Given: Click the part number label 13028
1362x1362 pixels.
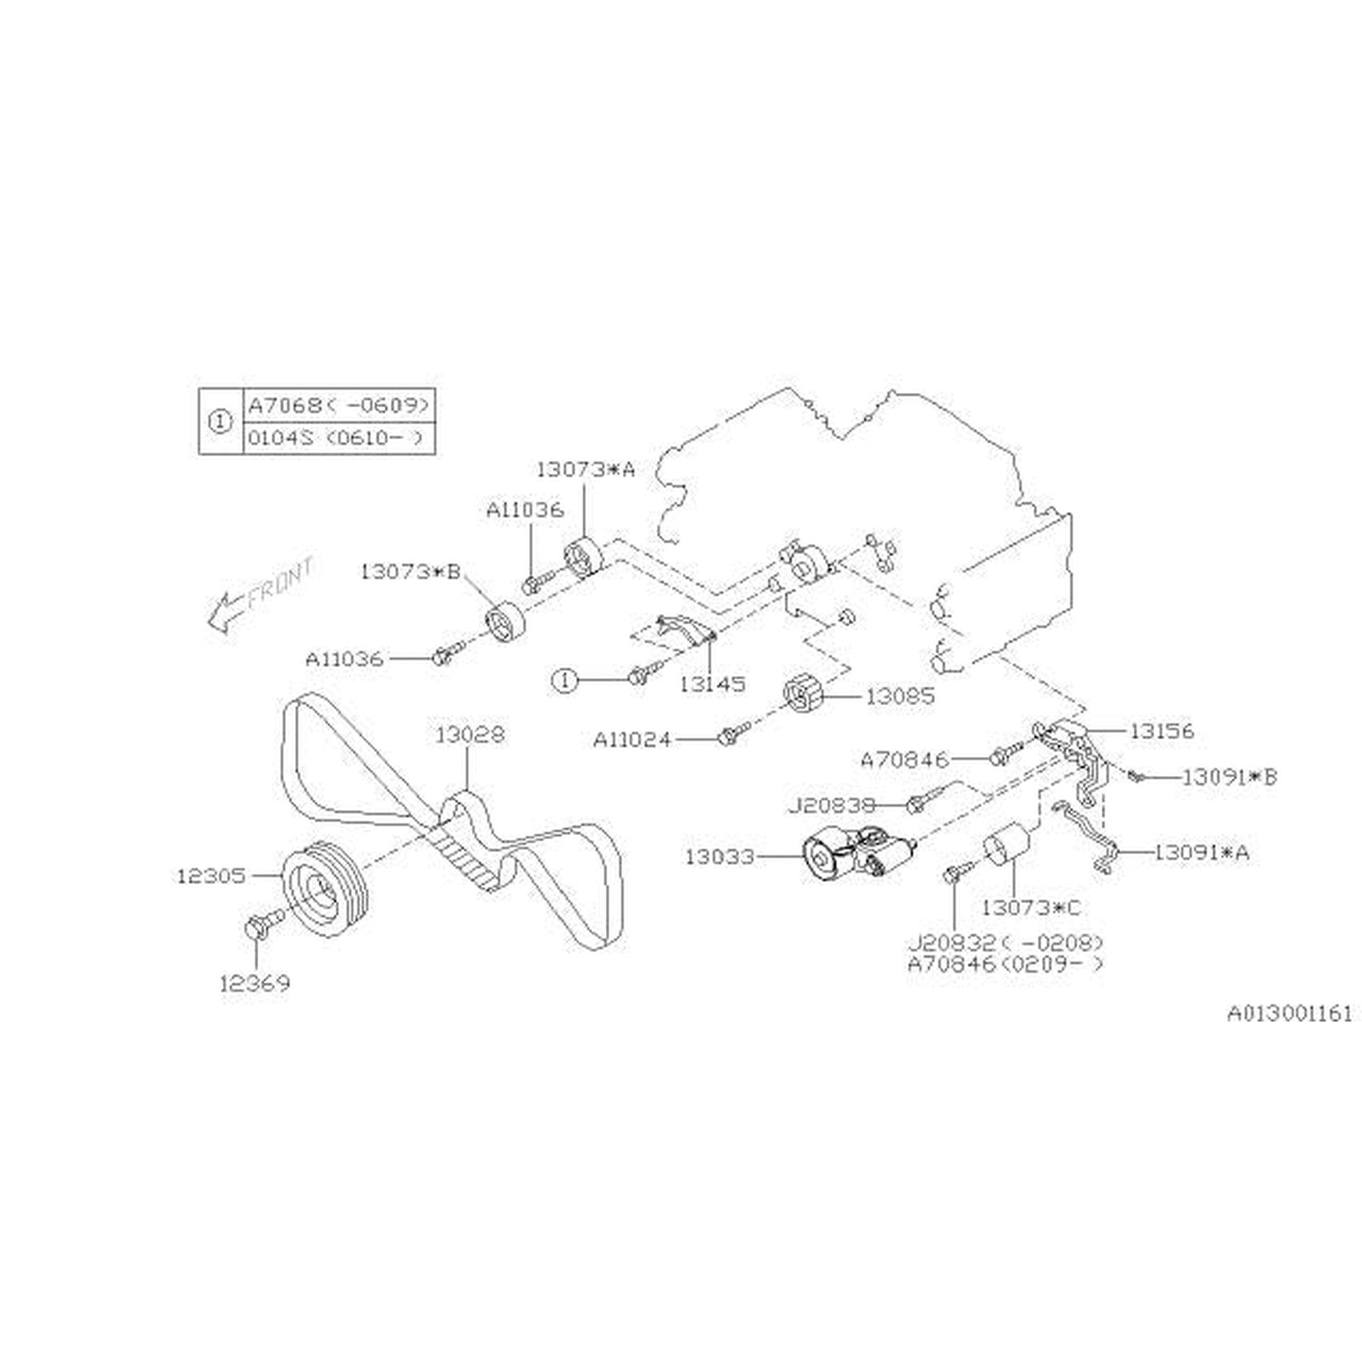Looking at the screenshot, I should [470, 736].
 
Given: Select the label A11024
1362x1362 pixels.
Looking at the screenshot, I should [632, 740].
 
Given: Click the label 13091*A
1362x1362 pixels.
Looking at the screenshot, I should [1201, 853].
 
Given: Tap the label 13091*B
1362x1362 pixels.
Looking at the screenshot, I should [1230, 777].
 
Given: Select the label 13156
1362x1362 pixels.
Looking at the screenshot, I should [1162, 731].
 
